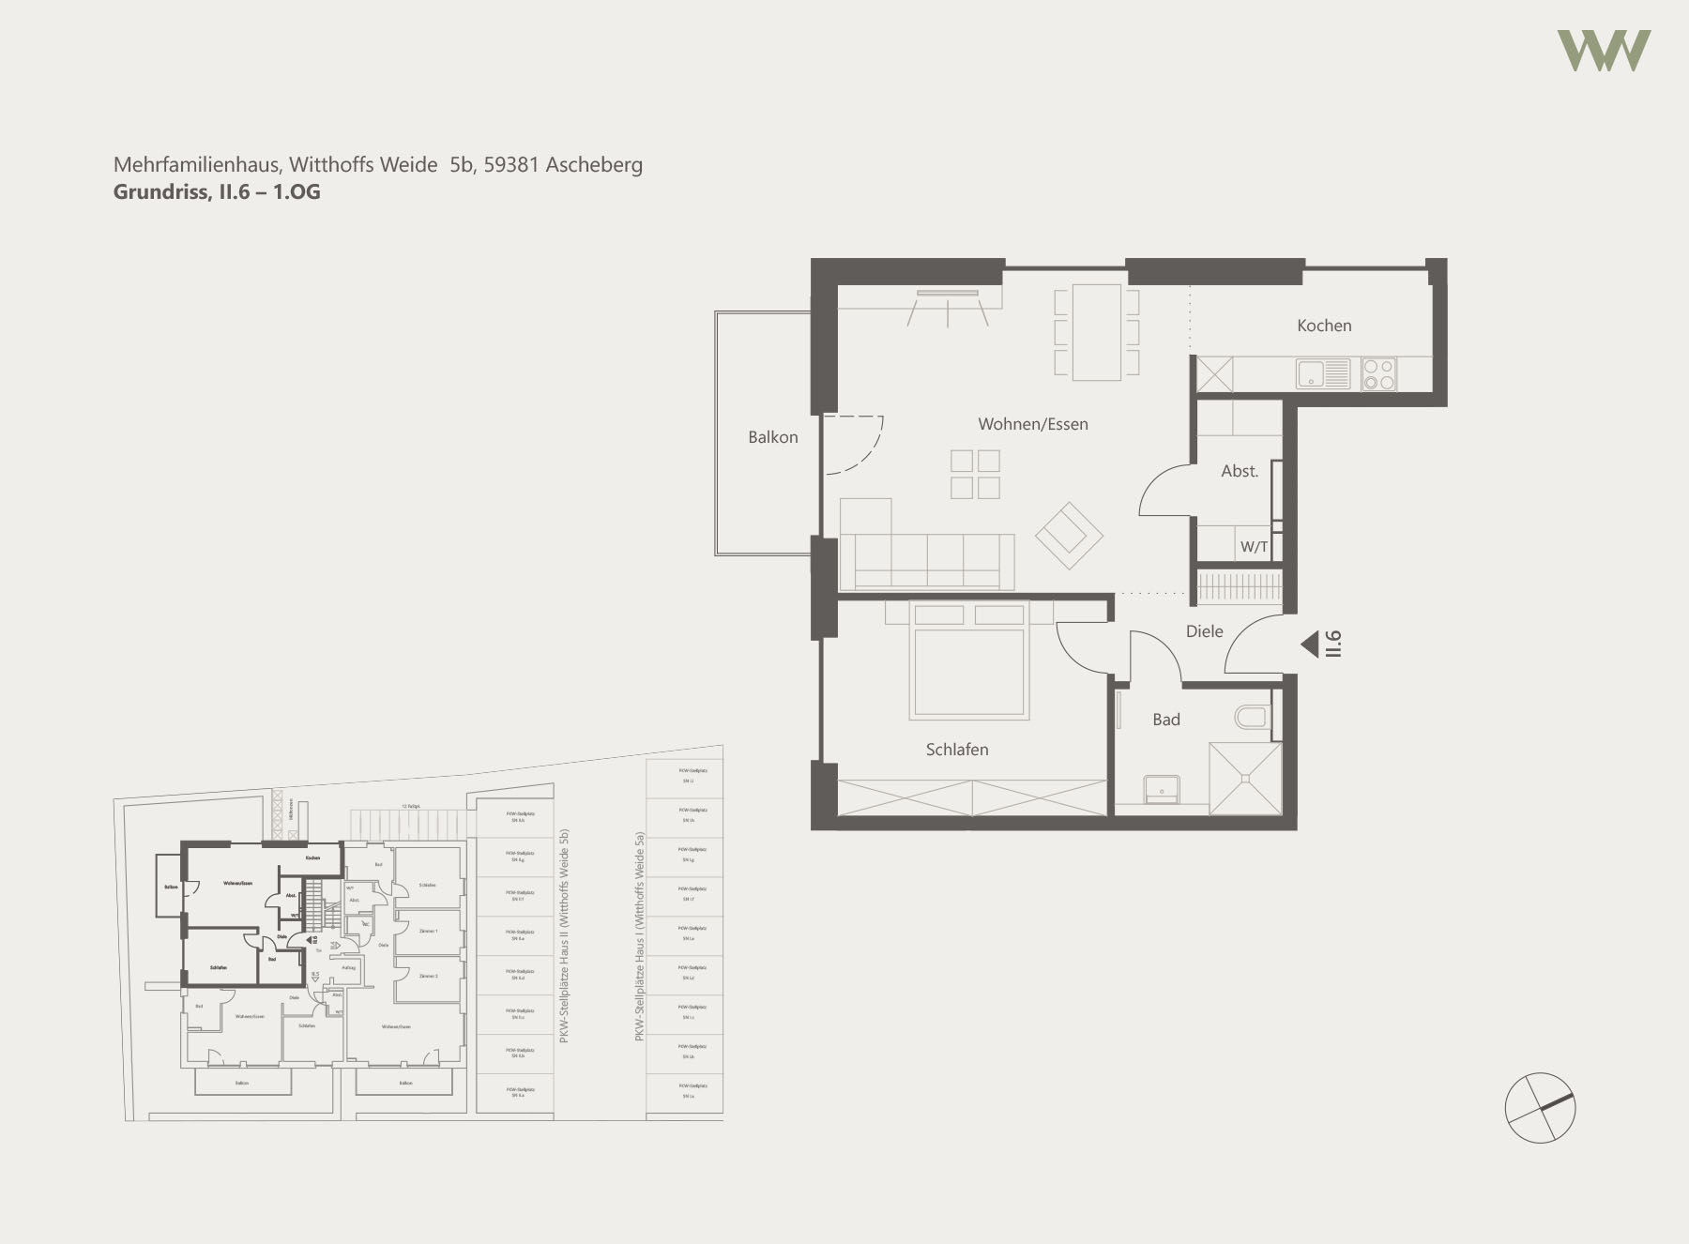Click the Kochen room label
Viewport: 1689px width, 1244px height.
tap(1323, 326)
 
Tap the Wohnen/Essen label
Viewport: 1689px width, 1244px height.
tap(1032, 424)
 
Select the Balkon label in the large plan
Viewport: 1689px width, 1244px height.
tap(772, 437)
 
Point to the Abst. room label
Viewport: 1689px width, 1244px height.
tap(1239, 471)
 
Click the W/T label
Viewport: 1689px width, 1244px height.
tap(1253, 547)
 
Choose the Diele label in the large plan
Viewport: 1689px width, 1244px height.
tap(1204, 631)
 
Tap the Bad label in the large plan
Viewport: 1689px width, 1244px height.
tap(1165, 720)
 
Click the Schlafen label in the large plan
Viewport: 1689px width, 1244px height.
tap(956, 750)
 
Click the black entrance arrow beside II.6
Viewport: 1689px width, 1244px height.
tap(1309, 645)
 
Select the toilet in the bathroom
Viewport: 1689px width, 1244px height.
tap(1252, 719)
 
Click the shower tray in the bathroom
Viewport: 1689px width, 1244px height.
tap(1245, 778)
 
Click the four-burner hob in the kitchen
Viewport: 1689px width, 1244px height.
tap(1378, 374)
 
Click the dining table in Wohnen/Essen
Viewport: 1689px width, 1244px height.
tap(1096, 332)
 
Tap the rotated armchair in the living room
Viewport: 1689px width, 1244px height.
tap(1069, 536)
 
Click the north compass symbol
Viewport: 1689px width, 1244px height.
tap(1540, 1108)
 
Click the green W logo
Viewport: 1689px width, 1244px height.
tap(1603, 51)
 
